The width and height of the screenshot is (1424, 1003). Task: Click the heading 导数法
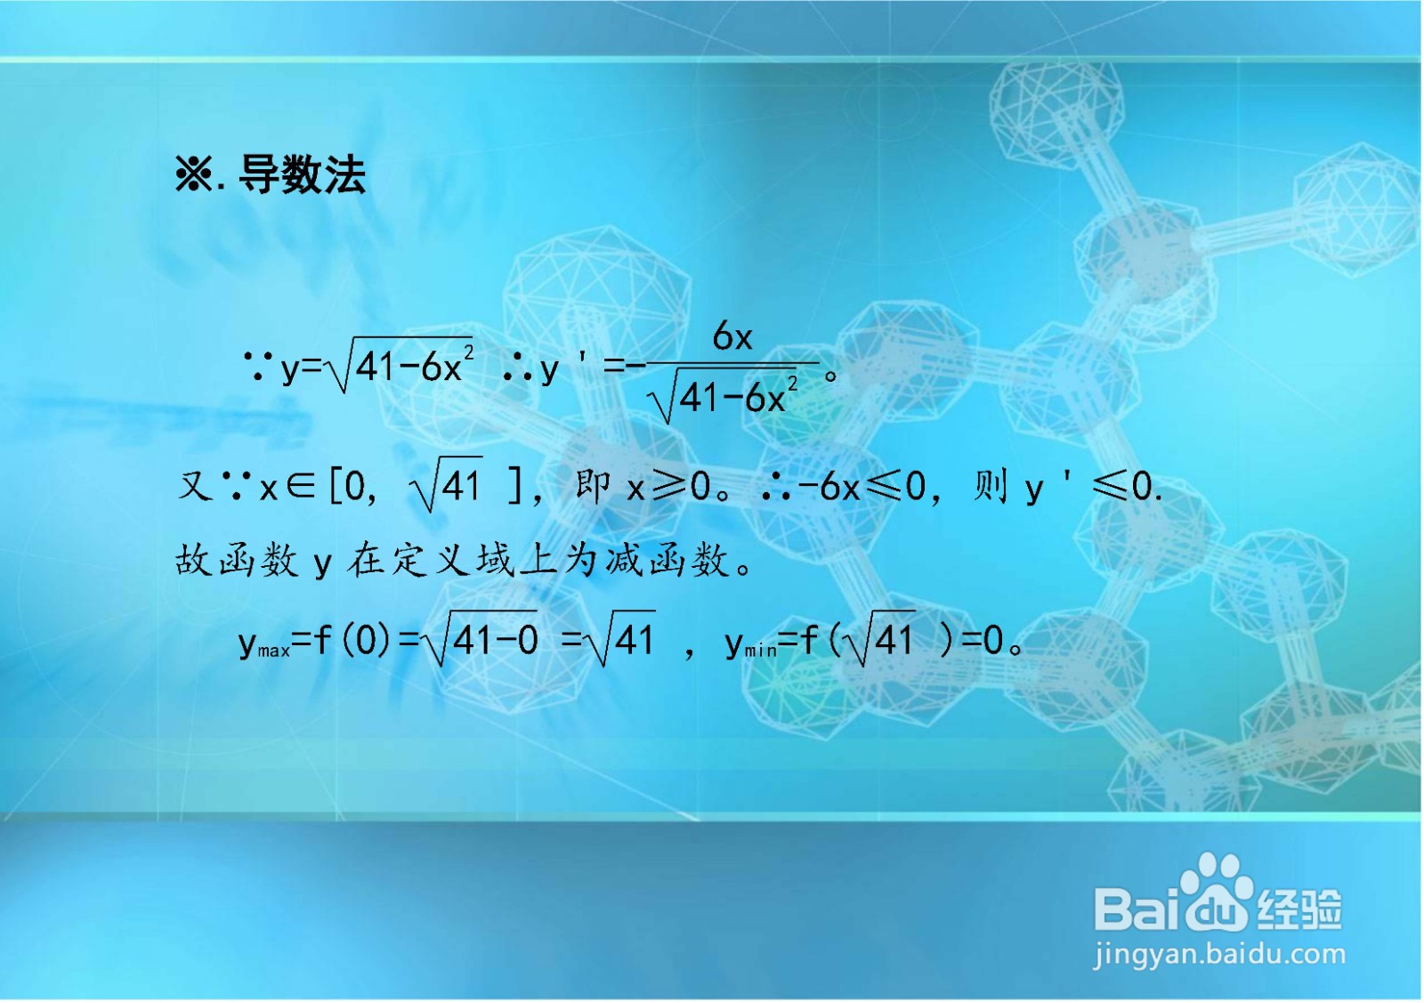click(302, 174)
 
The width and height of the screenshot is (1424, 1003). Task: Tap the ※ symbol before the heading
click(193, 174)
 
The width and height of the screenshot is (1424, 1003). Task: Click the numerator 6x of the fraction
click(732, 337)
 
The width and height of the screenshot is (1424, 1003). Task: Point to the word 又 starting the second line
click(194, 486)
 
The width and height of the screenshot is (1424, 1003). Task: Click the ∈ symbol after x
click(300, 486)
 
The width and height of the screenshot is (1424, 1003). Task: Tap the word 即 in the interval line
click(592, 486)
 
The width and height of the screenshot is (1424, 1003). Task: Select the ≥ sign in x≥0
click(669, 486)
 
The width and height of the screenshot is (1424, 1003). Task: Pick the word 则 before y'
click(991, 486)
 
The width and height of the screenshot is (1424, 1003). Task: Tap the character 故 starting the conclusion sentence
click(193, 561)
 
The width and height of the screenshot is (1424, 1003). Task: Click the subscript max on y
click(274, 651)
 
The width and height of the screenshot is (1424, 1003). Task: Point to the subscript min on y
click(760, 651)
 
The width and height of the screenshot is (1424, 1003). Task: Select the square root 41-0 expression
click(483, 639)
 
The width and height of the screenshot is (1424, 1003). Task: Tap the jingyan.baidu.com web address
click(1219, 955)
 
